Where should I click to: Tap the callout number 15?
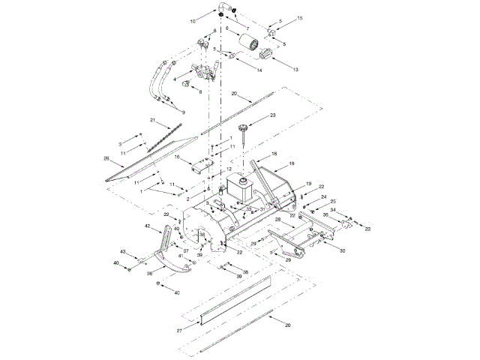pos(299,17)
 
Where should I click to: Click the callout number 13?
pos(295,69)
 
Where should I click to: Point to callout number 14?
pos(258,70)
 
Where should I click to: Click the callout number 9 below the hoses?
pos(182,111)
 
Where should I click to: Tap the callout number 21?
pos(152,120)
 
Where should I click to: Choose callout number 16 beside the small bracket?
pos(178,157)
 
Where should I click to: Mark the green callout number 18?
pos(273,153)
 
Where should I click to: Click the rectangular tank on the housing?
pos(239,187)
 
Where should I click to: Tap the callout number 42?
pos(148,226)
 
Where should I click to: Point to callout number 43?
pos(124,250)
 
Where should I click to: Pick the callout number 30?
pos(343,250)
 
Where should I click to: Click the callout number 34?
pos(333,211)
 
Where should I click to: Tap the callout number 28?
pos(277,220)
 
